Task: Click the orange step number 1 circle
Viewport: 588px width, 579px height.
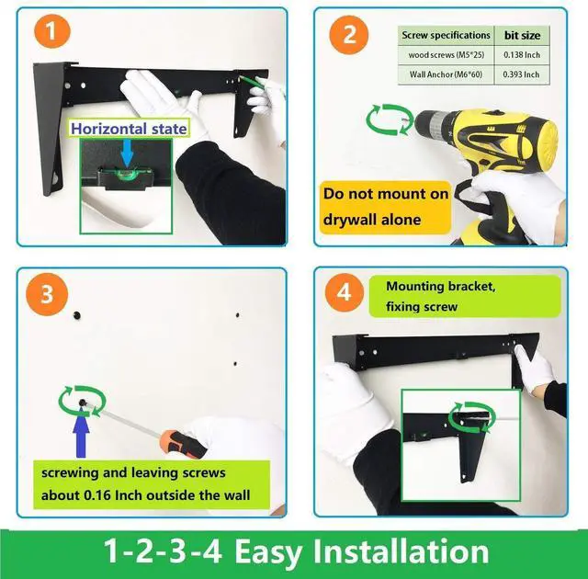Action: click(52, 31)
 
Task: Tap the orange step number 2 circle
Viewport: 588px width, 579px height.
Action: click(349, 35)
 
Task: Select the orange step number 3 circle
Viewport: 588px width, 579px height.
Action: click(47, 294)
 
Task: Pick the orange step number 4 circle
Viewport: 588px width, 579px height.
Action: click(345, 292)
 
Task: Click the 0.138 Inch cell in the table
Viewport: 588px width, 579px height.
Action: click(522, 55)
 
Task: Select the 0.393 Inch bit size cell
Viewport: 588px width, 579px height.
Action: click(522, 74)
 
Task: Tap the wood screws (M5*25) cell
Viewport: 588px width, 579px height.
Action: click(446, 55)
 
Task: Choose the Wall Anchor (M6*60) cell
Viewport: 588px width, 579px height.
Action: click(446, 74)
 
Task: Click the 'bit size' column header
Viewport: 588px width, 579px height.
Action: click(522, 35)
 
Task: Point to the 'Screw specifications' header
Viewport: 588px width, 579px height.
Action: click(446, 35)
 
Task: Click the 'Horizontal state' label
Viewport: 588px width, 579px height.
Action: click(129, 129)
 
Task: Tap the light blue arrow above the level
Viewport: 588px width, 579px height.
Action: click(127, 153)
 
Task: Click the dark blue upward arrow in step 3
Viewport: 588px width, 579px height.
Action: click(81, 433)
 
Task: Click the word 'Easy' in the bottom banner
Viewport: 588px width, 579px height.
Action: click(268, 552)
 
